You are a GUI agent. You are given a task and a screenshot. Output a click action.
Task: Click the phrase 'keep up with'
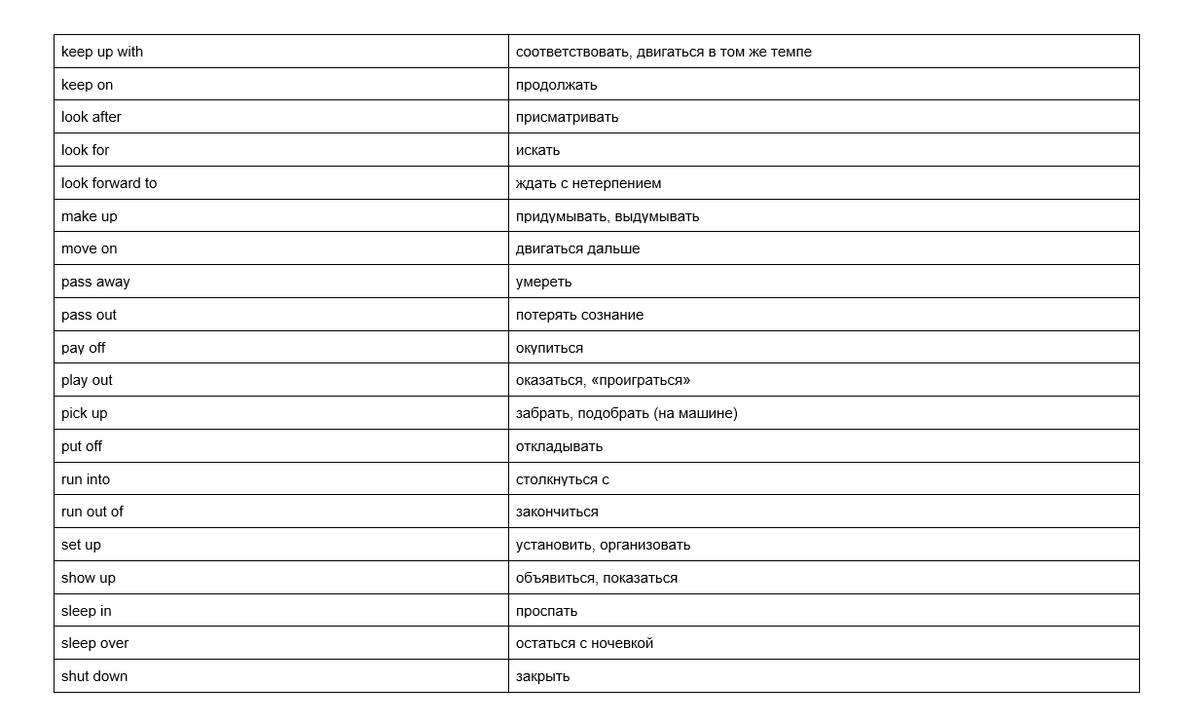click(102, 52)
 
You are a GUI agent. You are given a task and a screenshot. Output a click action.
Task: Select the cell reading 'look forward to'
click(109, 183)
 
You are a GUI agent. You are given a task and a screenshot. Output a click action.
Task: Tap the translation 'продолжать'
click(556, 85)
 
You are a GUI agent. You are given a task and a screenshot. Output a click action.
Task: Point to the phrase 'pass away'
click(95, 282)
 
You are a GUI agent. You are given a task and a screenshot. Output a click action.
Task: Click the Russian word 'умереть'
click(543, 282)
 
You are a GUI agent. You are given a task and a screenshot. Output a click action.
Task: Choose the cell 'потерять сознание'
click(579, 315)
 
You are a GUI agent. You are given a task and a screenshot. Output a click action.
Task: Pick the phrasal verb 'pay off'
click(84, 348)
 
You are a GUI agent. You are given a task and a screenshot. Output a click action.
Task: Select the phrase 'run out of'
click(92, 512)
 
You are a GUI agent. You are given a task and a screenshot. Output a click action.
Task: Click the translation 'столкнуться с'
click(563, 479)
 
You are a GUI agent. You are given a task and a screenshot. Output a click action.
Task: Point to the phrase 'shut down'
click(94, 676)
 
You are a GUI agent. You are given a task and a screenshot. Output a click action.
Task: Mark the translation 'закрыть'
click(542, 676)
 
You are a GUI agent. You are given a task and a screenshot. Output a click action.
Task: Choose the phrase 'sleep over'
click(95, 643)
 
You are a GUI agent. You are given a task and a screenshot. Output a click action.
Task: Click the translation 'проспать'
click(546, 611)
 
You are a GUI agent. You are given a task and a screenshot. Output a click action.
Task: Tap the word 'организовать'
click(644, 545)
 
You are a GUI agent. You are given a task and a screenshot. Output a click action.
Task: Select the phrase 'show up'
click(89, 578)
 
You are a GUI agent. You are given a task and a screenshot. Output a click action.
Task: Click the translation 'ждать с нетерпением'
click(588, 183)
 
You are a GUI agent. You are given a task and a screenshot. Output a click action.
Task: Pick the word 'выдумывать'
click(657, 216)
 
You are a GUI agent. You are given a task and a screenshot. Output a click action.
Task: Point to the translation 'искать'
click(537, 150)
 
